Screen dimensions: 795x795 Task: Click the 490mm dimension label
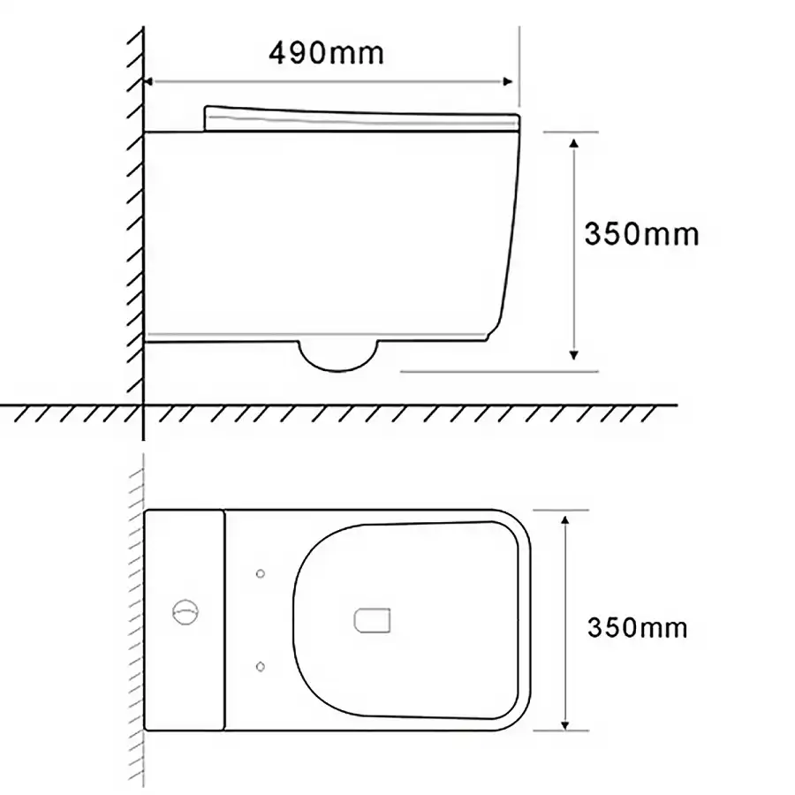click(327, 53)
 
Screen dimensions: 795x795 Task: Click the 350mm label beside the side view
click(642, 234)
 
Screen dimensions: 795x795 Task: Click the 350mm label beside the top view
click(637, 628)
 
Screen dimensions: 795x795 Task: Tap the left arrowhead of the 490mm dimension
click(149, 81)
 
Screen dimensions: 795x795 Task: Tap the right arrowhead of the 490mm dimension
click(508, 81)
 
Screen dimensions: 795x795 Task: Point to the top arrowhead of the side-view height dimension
click(573, 142)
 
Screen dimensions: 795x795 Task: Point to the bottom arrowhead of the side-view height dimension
click(573, 355)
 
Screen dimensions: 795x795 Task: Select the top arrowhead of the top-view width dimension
click(565, 519)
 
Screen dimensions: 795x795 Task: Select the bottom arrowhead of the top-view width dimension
click(565, 725)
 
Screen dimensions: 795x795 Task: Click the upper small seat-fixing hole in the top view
click(260, 574)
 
